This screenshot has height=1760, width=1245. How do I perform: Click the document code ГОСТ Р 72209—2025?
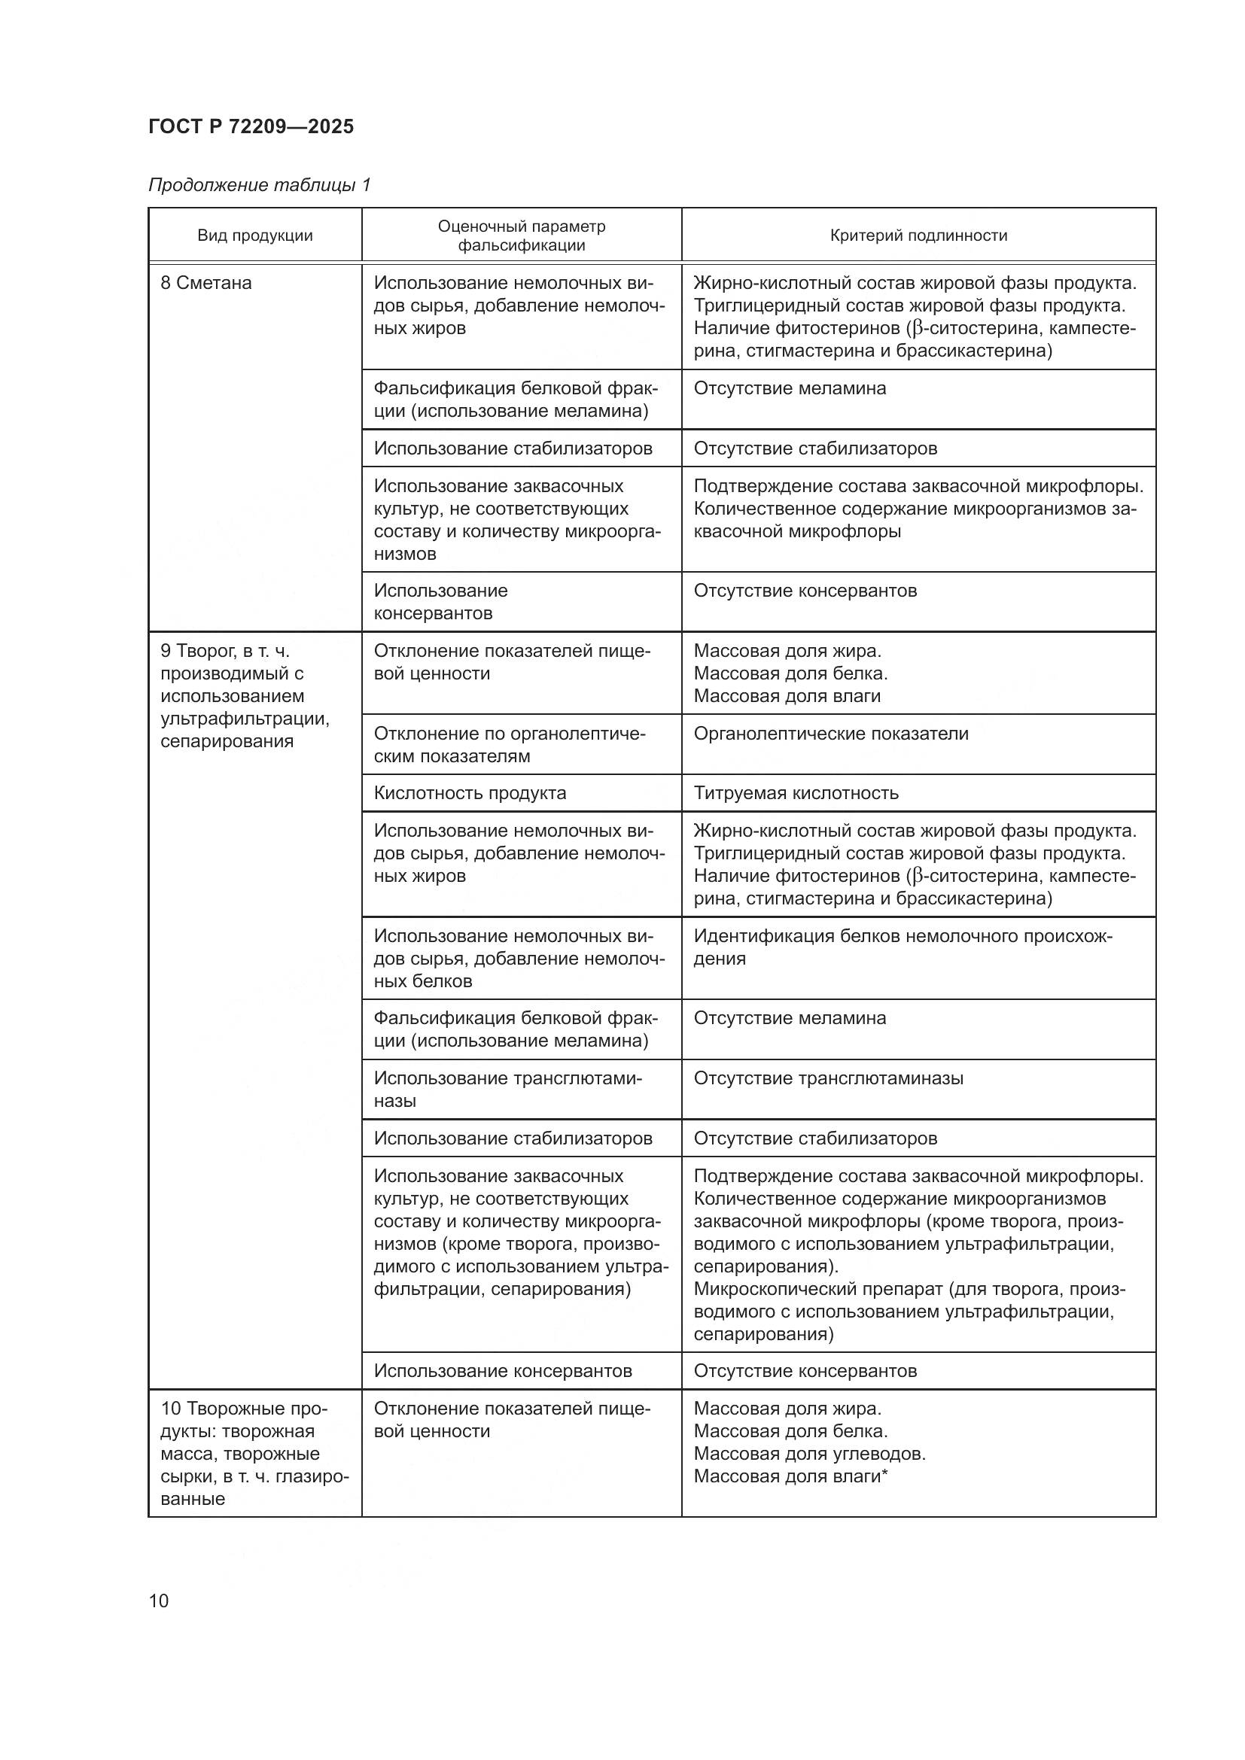point(251,126)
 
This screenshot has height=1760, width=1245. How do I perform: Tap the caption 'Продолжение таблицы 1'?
point(259,185)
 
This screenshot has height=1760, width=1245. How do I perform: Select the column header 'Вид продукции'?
point(254,236)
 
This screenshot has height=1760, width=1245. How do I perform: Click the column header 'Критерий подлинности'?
point(918,236)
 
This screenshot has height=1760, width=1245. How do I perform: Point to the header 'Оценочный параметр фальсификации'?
point(522,236)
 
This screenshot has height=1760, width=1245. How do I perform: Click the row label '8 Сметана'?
point(205,283)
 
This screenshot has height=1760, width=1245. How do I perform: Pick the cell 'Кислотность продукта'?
point(469,792)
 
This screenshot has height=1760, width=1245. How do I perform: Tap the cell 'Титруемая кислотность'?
point(795,792)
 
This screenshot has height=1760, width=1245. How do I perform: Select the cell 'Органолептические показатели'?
point(830,734)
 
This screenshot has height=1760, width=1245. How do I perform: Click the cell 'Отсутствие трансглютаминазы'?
point(828,1078)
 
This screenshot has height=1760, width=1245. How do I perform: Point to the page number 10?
point(159,1600)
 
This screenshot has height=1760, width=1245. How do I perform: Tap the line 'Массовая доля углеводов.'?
point(808,1454)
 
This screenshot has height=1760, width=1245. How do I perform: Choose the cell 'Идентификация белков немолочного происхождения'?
point(902,947)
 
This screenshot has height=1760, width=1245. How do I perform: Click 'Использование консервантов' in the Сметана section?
point(440,602)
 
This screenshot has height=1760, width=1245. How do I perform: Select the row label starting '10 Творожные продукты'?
point(254,1454)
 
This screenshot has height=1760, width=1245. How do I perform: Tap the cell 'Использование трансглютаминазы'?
point(507,1090)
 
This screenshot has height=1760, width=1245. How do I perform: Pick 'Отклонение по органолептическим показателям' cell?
point(509,744)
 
